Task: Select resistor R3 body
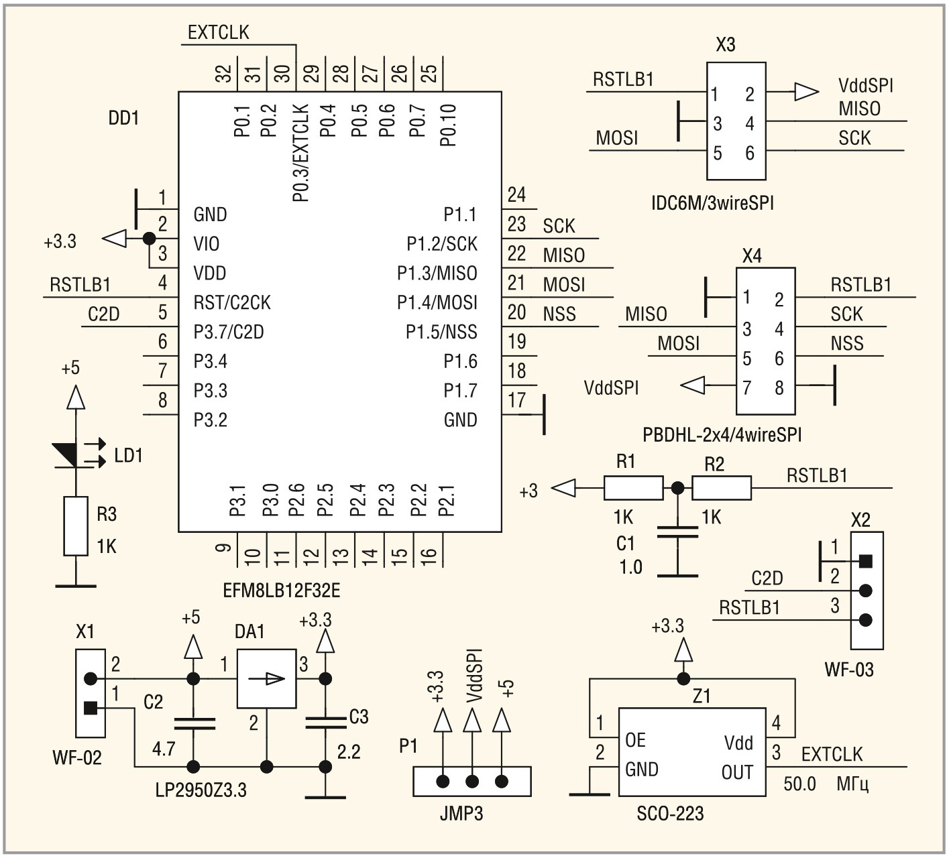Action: pos(76,526)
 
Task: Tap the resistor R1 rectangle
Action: pos(633,488)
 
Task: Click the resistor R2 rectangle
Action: pos(721,488)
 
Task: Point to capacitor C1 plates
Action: pos(677,532)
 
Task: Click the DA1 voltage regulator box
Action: pos(266,678)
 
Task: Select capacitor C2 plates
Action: pos(194,723)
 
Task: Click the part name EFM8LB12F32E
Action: pos(282,591)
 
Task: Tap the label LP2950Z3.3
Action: pos(201,790)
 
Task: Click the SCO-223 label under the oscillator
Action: pos(670,814)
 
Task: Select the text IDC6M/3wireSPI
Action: pos(712,202)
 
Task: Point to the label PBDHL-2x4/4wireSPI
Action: pos(722,434)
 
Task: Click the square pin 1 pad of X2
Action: pos(866,560)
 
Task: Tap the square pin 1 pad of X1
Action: pos(90,707)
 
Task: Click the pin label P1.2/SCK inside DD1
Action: pos(441,244)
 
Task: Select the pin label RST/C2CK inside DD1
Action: pos(231,303)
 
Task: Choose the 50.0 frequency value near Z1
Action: pos(799,784)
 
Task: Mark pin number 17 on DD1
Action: pos(516,400)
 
